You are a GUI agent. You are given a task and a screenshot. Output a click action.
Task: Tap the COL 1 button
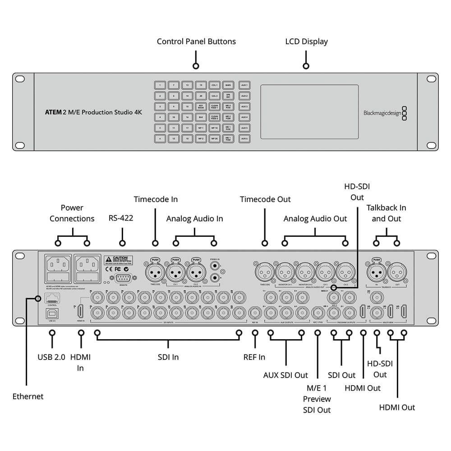click(x=215, y=85)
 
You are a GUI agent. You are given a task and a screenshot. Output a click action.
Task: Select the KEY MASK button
click(x=201, y=107)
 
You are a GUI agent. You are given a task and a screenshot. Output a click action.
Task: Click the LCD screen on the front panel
click(x=309, y=111)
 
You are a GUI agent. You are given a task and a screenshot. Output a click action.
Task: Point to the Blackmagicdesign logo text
click(x=382, y=114)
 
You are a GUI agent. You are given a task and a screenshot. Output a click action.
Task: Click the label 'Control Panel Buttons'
click(x=196, y=41)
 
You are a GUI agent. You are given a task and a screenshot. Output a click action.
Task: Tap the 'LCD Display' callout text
click(x=306, y=41)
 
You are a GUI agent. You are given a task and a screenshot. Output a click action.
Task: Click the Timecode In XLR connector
click(x=155, y=272)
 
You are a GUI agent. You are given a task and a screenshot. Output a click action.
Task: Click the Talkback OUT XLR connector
click(x=396, y=272)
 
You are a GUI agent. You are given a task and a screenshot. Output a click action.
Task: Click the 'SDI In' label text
click(x=168, y=357)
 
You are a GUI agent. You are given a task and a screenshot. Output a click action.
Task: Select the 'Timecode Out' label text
click(x=265, y=199)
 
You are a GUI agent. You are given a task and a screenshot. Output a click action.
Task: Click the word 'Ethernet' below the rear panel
click(x=28, y=396)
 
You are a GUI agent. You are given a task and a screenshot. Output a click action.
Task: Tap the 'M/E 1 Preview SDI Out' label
click(x=317, y=399)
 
